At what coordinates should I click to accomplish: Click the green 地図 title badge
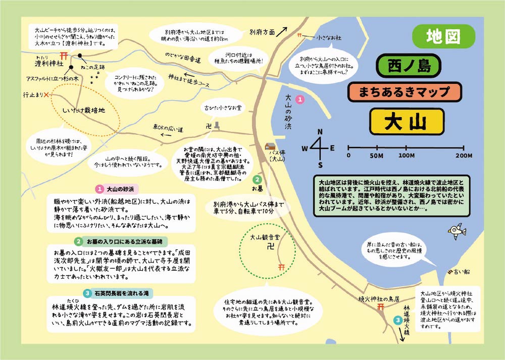tap(444, 36)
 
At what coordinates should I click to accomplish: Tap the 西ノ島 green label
tap(409, 66)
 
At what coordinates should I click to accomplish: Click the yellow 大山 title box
tap(407, 122)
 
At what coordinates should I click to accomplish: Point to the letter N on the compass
tap(319, 132)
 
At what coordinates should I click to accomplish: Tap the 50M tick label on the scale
tap(377, 156)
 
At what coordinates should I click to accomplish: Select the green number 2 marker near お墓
tap(257, 179)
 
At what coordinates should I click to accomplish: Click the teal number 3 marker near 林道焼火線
tap(398, 320)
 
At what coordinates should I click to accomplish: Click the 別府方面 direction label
tap(262, 32)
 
